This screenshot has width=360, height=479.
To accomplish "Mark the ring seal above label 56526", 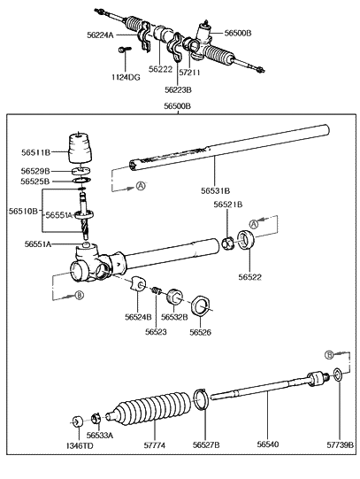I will pyautogui.click(x=202, y=307).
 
